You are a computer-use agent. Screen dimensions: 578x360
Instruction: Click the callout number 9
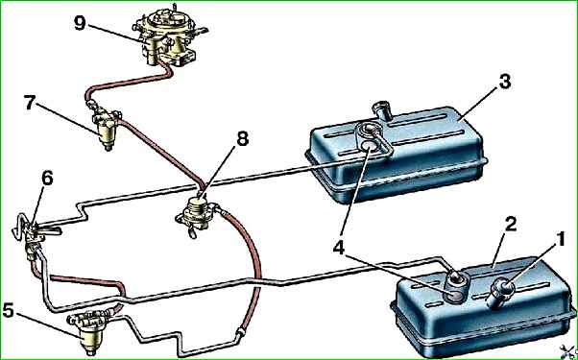pyautogui.click(x=80, y=24)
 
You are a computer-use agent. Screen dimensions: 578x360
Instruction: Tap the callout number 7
pyautogui.click(x=31, y=105)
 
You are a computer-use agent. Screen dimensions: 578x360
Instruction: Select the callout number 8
pyautogui.click(x=242, y=139)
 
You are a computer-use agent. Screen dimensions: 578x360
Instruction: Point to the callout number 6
pyautogui.click(x=47, y=180)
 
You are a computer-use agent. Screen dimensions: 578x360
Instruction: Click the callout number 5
pyautogui.click(x=9, y=311)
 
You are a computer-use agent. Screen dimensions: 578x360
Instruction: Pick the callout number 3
pyautogui.click(x=505, y=82)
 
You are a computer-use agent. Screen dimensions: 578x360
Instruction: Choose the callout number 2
pyautogui.click(x=510, y=226)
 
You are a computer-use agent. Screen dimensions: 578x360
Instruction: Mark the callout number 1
pyautogui.click(x=560, y=241)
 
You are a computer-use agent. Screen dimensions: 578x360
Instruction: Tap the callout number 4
pyautogui.click(x=339, y=249)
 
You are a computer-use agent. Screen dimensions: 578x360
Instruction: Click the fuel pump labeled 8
pyautogui.click(x=197, y=217)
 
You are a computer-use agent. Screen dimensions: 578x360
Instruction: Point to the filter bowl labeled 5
pyautogui.click(x=88, y=333)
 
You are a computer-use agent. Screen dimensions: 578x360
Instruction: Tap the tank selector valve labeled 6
pyautogui.click(x=33, y=236)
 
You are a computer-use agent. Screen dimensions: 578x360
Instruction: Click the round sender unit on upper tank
pyautogui.click(x=370, y=145)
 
